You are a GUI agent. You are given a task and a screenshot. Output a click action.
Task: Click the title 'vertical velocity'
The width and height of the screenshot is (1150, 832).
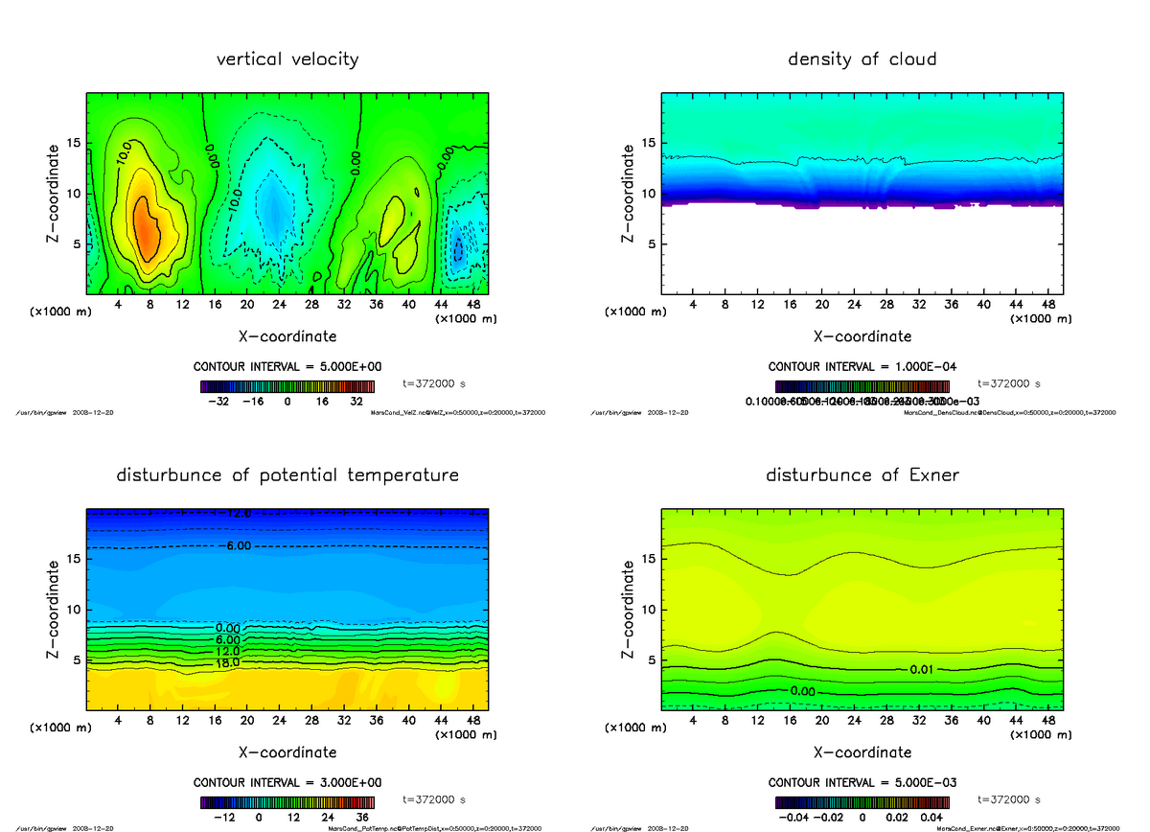coord(287,59)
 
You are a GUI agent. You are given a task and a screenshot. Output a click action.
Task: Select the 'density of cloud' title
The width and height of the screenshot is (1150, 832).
coord(862,59)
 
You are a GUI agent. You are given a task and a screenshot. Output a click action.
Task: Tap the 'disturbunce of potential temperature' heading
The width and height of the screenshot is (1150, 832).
coord(287,475)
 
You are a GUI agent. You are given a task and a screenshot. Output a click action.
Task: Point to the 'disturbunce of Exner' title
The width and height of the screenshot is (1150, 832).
coord(862,475)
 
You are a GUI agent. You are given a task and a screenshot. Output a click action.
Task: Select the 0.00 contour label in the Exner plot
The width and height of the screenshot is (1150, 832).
coord(804,690)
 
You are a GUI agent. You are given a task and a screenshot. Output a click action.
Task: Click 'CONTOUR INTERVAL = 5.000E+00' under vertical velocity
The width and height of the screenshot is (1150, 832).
coord(287,367)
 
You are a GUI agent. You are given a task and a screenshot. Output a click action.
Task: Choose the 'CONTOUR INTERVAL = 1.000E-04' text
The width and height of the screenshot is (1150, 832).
coord(862,367)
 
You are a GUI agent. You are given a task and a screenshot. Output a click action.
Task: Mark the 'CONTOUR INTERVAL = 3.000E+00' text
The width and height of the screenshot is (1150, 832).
coord(287,782)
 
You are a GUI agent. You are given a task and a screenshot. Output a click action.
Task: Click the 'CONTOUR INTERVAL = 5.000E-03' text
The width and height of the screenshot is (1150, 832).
coord(862,782)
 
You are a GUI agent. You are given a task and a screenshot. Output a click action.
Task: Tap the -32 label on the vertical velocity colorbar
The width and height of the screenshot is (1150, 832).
coord(224,403)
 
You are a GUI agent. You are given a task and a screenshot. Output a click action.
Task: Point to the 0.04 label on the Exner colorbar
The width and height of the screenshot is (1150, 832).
coord(931,818)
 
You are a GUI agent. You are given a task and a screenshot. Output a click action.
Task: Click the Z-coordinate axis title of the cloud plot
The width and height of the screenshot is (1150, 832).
coord(629,194)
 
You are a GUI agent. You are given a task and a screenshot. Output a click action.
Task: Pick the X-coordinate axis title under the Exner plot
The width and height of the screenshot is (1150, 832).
coord(862,752)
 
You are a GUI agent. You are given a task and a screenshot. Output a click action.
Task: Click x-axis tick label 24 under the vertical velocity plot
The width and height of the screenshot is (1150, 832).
coord(280,306)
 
